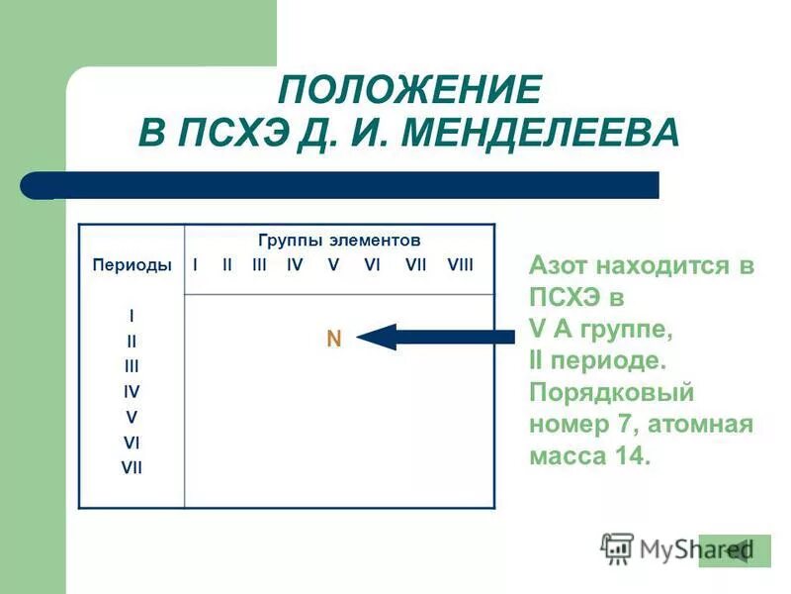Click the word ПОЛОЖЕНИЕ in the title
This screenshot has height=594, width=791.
click(409, 90)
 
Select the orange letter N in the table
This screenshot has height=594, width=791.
click(334, 339)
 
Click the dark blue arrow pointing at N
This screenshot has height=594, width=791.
click(435, 337)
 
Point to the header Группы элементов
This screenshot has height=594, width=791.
click(339, 241)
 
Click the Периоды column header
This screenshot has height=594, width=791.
click(132, 264)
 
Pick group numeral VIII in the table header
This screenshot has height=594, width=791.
click(461, 264)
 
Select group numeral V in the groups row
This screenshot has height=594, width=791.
click(333, 264)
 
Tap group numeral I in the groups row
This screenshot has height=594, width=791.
click(196, 264)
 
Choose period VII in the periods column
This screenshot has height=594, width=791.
click(132, 467)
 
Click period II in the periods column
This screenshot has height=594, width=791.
click(132, 340)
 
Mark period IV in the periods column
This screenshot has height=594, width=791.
click(132, 391)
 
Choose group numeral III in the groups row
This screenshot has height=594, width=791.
click(260, 264)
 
